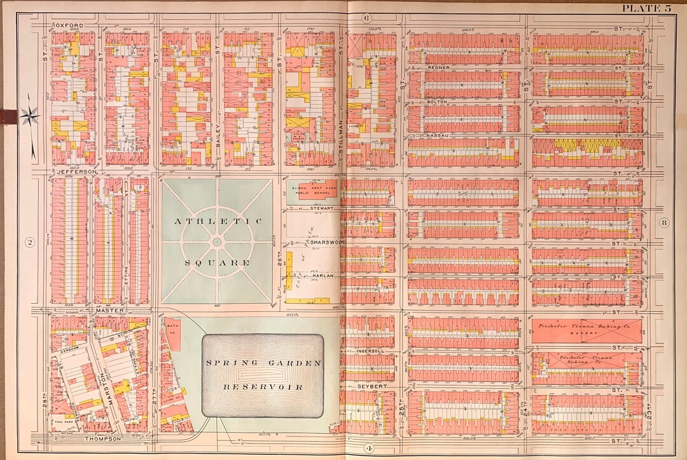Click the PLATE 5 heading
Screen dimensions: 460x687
coord(646,8)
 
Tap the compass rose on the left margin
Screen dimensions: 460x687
coord(29,116)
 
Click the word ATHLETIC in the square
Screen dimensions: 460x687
coord(218,221)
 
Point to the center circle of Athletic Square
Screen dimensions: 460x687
coord(217,241)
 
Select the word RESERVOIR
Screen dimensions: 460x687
coord(262,386)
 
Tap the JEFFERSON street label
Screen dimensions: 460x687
coord(76,172)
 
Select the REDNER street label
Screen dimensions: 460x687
coord(439,67)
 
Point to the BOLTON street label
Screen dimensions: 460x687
coord(438,102)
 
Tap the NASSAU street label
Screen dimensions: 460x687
coord(438,135)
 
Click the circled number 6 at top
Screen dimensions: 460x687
coord(366,18)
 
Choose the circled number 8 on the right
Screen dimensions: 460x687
coord(664,222)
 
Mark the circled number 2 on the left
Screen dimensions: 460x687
coord(29,241)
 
